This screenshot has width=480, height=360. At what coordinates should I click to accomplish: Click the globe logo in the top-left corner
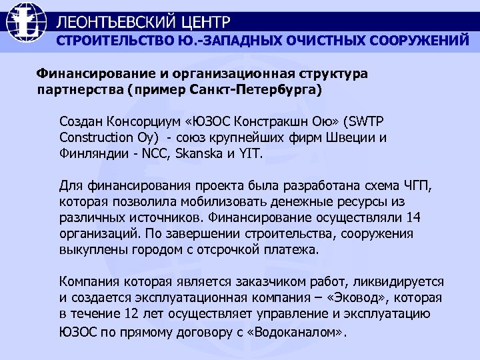coord(27,25)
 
